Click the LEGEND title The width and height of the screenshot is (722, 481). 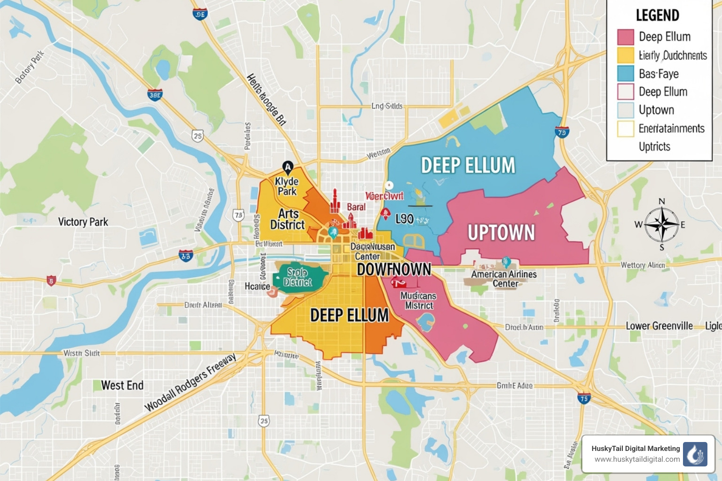pyautogui.click(x=657, y=16)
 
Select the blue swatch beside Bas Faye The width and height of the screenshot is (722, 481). pyautogui.click(x=626, y=74)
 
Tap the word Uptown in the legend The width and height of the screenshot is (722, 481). pyautogui.click(x=656, y=110)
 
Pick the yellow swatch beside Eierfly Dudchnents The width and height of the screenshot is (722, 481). pyautogui.click(x=626, y=55)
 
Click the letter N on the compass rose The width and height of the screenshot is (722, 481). pyautogui.click(x=662, y=202)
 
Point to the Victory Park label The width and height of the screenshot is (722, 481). pyautogui.click(x=83, y=222)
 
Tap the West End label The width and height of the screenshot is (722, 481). pyautogui.click(x=122, y=386)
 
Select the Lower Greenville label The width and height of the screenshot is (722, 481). pyautogui.click(x=659, y=326)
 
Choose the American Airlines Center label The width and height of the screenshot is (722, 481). pyautogui.click(x=504, y=279)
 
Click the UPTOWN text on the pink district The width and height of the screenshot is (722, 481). pyautogui.click(x=501, y=233)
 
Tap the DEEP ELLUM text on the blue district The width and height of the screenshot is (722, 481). pyautogui.click(x=468, y=166)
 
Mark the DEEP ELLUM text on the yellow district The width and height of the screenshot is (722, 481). pyautogui.click(x=349, y=315)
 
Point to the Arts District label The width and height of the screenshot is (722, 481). pyautogui.click(x=288, y=219)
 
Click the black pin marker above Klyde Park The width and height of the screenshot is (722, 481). pyautogui.click(x=288, y=167)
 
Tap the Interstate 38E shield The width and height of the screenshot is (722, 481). pyautogui.click(x=155, y=95)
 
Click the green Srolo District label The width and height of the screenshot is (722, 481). pyautogui.click(x=298, y=277)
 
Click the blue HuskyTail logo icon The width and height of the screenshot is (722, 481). pyautogui.click(x=695, y=454)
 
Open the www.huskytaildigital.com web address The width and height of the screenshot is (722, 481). pyautogui.click(x=637, y=459)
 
